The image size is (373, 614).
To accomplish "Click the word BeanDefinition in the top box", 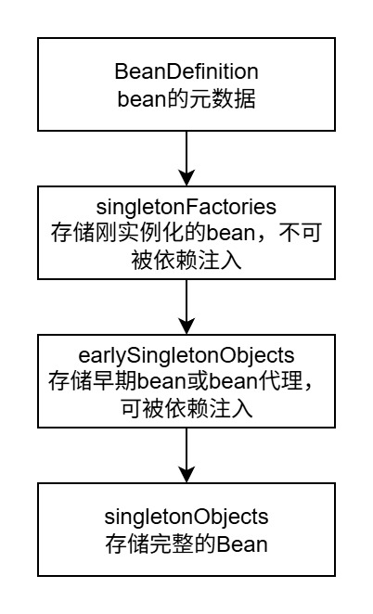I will (186, 72).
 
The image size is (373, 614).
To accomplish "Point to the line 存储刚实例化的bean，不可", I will (186, 231).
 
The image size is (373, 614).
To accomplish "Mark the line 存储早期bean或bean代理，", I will (186, 380).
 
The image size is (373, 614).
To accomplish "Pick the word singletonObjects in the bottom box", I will (186, 516).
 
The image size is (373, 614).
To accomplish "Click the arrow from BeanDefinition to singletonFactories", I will (186, 153).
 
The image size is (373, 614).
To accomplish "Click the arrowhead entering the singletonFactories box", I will (186, 177).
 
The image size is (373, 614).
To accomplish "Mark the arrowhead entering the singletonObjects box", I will (186, 476).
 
